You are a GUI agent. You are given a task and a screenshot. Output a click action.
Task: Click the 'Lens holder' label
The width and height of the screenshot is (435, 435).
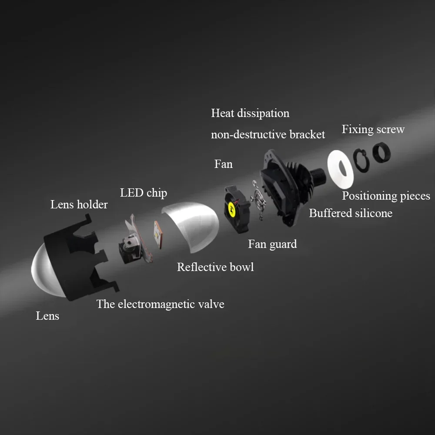79,204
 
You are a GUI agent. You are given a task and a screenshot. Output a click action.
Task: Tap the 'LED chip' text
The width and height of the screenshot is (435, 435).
143,192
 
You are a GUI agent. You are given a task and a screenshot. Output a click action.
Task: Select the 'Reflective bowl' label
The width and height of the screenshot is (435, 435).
215,267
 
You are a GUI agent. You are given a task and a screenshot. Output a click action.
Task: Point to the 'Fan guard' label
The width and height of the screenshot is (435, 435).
272,244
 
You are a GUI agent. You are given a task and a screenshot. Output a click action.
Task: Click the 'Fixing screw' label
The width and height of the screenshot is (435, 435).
373,129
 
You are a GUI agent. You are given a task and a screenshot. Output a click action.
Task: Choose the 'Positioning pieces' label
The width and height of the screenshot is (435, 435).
386,196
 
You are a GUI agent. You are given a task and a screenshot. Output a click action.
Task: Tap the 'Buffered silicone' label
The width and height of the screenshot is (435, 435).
350,213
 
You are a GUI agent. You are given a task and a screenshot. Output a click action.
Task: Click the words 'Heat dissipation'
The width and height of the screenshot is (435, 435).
250,113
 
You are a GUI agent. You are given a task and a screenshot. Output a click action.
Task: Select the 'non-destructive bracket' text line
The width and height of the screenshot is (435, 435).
268,134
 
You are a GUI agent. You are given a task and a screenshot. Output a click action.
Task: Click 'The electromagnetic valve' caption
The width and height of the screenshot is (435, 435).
160,304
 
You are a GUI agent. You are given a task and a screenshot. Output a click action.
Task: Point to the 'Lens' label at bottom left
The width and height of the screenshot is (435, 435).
47,316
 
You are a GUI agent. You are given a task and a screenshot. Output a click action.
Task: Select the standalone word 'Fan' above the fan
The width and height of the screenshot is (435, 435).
223,164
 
